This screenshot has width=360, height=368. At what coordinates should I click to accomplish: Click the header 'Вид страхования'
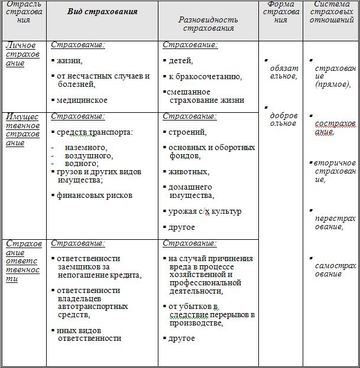(102, 12)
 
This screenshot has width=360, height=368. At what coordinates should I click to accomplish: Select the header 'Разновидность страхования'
(207, 24)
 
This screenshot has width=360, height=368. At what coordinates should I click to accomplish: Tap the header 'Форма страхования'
(281, 12)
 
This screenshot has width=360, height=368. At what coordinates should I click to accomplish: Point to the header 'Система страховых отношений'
(331, 12)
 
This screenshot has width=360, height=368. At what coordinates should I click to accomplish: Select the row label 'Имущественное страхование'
(23, 129)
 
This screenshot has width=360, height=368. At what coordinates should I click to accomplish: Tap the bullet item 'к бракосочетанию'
(197, 77)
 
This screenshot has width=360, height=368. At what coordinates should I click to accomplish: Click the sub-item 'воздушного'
(89, 155)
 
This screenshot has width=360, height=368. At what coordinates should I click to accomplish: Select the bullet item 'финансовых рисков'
(95, 196)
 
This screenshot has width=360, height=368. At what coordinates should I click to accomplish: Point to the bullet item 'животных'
(189, 171)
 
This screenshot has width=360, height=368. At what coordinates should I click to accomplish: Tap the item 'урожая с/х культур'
(205, 211)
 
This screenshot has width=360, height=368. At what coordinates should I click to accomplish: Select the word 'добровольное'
(284, 119)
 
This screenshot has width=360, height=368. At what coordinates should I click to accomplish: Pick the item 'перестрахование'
(335, 222)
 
